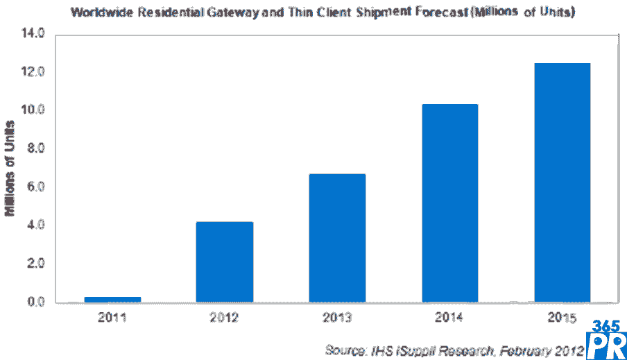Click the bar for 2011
click(112, 299)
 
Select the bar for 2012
click(224, 262)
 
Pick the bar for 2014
click(449, 203)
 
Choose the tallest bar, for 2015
click(562, 182)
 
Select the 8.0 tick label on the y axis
click(35, 148)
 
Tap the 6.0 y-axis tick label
click(35, 187)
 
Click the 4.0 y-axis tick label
click(35, 225)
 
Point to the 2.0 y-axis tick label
click(35, 264)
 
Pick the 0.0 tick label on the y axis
click(35, 302)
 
